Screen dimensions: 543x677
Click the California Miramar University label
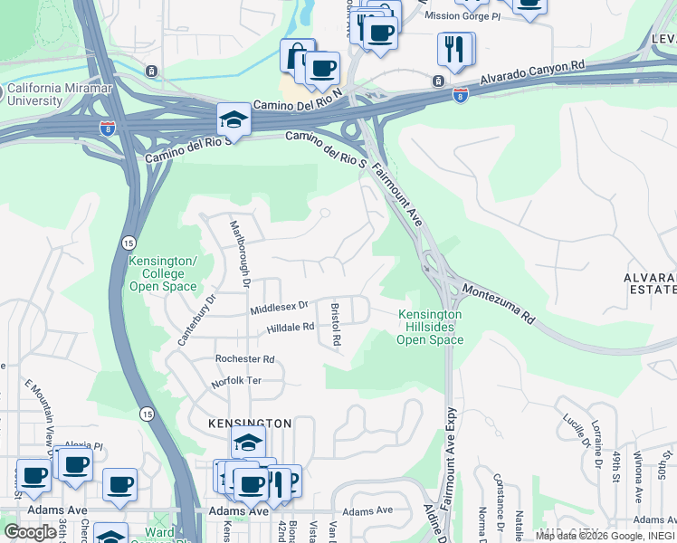[x=47, y=95]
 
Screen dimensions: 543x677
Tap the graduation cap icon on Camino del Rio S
[x=233, y=120]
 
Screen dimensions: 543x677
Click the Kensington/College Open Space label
[x=163, y=273]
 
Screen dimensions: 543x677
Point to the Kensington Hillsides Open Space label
[x=430, y=327]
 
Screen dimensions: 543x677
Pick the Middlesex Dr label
[x=281, y=310]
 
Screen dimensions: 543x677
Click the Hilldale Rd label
[x=290, y=328]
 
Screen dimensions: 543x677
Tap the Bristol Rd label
[x=335, y=325]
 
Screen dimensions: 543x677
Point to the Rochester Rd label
[x=244, y=359]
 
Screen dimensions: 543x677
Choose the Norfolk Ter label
[x=236, y=381]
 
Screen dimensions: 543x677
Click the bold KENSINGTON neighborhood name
[x=250, y=424]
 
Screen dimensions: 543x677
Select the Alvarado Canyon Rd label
[x=533, y=72]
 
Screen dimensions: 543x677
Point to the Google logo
[x=31, y=531]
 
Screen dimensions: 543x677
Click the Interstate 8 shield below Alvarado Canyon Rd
[x=460, y=95]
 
